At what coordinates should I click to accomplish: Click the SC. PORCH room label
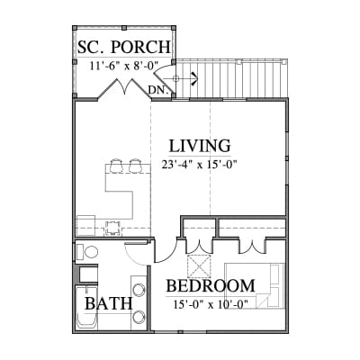tap(124, 47)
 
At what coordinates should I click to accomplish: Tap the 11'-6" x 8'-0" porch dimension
tap(124, 66)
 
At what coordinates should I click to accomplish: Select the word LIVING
tap(200, 146)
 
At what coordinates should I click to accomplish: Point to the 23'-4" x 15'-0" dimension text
tap(200, 165)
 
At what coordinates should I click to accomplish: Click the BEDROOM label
tap(211, 285)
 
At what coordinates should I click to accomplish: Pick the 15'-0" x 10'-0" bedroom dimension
tap(211, 304)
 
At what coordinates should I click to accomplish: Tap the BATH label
tap(108, 303)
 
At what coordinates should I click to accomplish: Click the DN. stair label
tap(158, 89)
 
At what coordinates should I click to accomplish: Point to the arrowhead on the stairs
tap(194, 79)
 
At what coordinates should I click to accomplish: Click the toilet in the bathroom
tap(87, 252)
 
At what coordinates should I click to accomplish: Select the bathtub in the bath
tap(86, 307)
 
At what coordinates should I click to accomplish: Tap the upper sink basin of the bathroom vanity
tap(139, 290)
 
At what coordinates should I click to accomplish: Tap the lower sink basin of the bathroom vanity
tap(139, 316)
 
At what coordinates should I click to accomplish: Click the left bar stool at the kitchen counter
tap(116, 166)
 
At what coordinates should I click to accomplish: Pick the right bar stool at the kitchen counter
tap(135, 166)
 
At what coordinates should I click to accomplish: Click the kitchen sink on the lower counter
tap(112, 228)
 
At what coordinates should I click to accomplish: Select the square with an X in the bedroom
tap(198, 266)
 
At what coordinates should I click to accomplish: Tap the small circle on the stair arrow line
tap(176, 79)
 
